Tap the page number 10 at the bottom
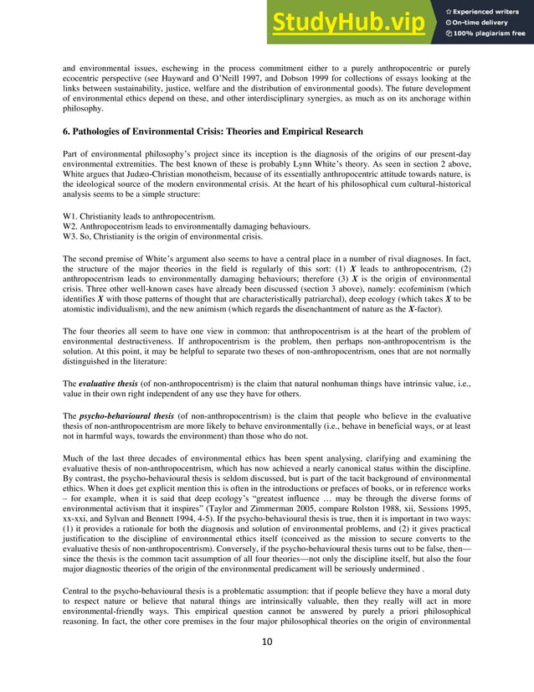pyautogui.click(x=266, y=666)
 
